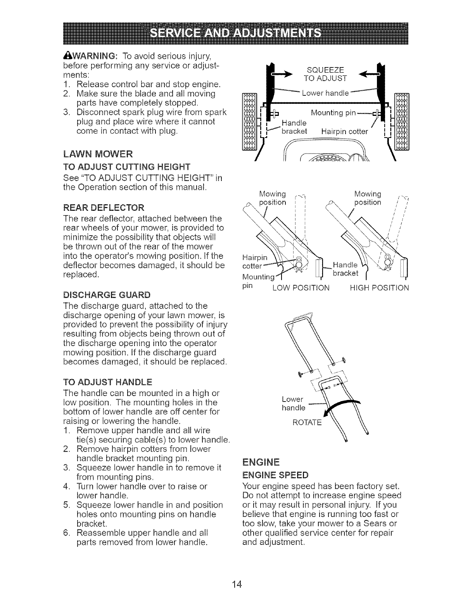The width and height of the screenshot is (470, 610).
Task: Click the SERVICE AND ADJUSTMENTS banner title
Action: [x=235, y=33]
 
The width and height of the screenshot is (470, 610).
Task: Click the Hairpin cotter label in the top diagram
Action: [x=344, y=131]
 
